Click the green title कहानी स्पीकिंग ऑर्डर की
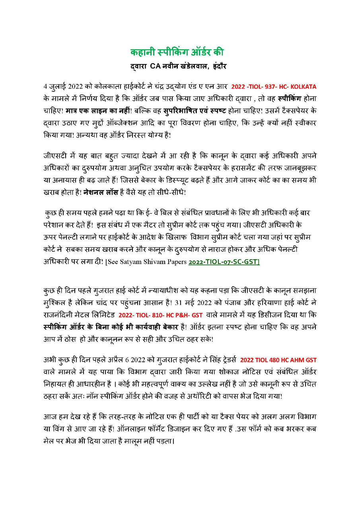coord(177,52)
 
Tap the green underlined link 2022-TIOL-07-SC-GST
coord(224,262)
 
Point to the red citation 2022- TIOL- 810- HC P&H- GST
coord(160,315)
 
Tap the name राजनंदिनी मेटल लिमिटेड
coord(79,315)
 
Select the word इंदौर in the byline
coord(216,66)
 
